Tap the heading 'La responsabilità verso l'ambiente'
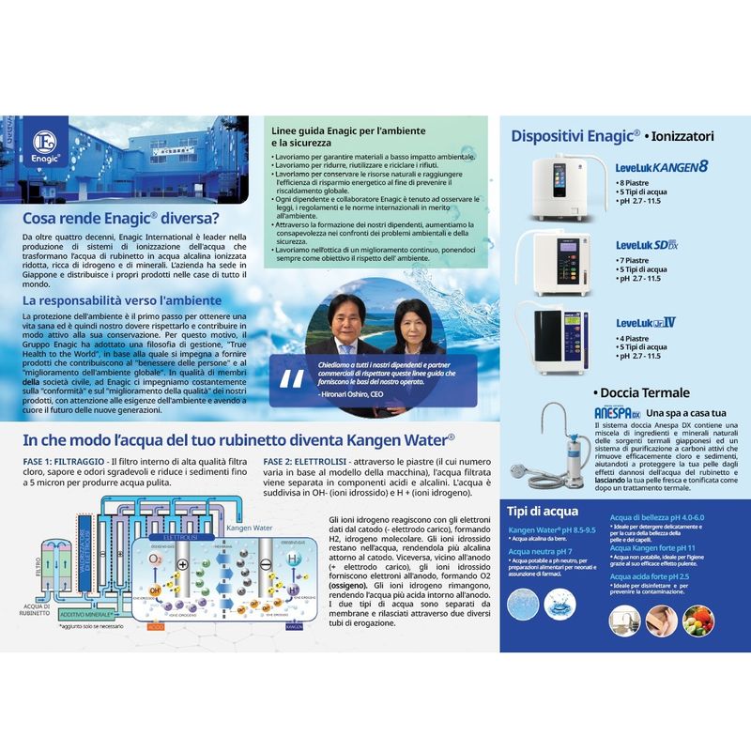pyautogui.click(x=122, y=300)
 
